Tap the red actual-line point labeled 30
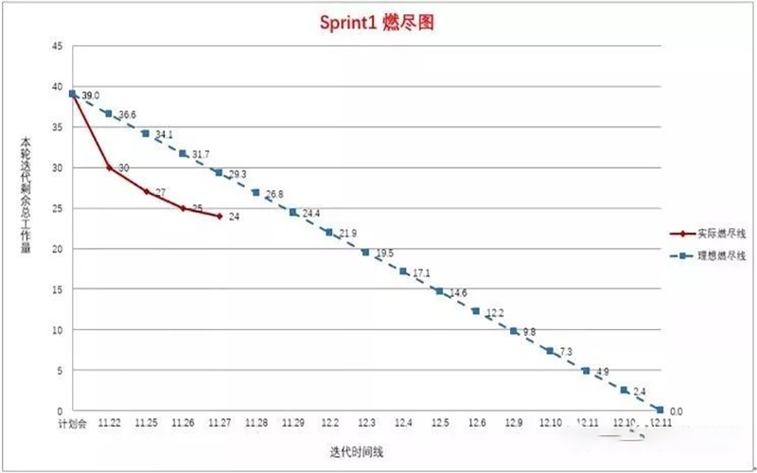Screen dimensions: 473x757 pyautogui.click(x=109, y=167)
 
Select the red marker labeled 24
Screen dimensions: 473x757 pyautogui.click(x=220, y=216)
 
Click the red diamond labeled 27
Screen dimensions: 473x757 pyautogui.click(x=146, y=191)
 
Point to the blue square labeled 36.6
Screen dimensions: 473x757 pyautogui.click(x=109, y=114)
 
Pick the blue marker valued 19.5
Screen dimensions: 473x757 pyautogui.click(x=366, y=252)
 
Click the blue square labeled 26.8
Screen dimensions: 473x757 pyautogui.click(x=255, y=192)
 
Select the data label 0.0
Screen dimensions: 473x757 pyautogui.click(x=677, y=412)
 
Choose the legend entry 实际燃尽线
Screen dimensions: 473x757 pyautogui.click(x=715, y=232)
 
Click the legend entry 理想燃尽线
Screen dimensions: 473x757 pyautogui.click(x=715, y=255)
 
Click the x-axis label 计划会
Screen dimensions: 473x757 pyautogui.click(x=72, y=425)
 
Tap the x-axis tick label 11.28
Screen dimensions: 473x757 pyautogui.click(x=255, y=425)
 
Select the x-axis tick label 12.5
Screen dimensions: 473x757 pyautogui.click(x=440, y=425)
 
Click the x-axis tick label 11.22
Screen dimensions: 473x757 pyautogui.click(x=109, y=425)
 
